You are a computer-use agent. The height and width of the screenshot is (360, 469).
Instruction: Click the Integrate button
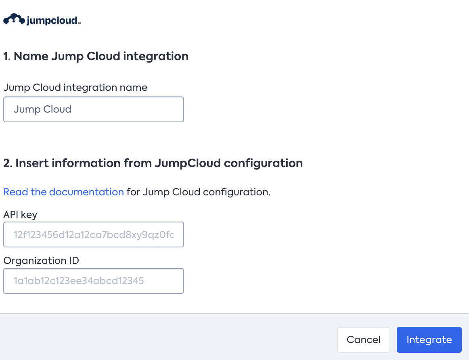point(429,340)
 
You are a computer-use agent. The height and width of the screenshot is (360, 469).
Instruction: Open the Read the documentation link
point(63,192)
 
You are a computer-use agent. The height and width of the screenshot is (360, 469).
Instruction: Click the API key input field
point(94,234)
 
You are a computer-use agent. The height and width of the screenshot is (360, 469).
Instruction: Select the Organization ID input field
point(94,281)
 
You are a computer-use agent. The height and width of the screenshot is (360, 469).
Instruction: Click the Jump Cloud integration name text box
point(94,109)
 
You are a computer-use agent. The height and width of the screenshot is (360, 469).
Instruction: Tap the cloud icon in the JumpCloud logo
point(14,19)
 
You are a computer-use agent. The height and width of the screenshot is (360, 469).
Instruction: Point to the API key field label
point(20,215)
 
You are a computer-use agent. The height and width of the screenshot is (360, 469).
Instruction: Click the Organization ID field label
point(41,261)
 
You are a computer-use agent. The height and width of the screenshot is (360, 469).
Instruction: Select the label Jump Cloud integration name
point(75,88)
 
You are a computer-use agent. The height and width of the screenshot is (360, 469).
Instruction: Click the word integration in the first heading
point(156,56)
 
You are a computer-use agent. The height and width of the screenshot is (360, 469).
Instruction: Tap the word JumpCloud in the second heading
point(188,163)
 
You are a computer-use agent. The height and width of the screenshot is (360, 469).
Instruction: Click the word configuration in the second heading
point(264,163)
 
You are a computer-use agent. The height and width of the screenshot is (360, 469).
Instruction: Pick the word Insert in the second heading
point(32,163)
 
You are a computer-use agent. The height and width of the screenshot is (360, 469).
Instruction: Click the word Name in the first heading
point(31,56)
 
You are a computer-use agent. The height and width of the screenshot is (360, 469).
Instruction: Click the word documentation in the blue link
point(86,192)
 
